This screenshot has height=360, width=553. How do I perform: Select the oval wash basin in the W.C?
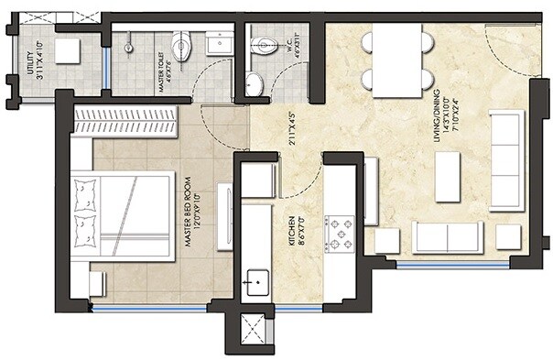pos(255,83)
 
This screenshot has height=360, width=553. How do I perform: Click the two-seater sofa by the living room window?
pos(447,238)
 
